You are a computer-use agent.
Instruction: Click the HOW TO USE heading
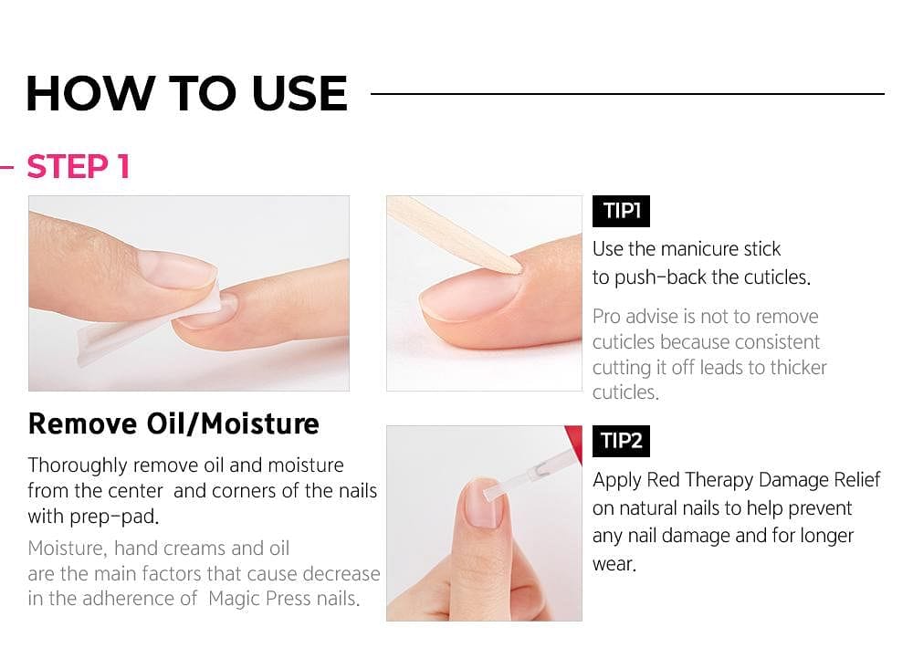[x=186, y=93]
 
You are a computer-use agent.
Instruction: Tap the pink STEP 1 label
[x=79, y=167]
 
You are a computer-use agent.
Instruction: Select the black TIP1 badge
[x=621, y=211]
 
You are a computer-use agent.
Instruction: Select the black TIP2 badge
[x=621, y=441]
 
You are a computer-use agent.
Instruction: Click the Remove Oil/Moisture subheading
[x=173, y=423]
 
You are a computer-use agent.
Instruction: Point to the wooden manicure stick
[x=447, y=234]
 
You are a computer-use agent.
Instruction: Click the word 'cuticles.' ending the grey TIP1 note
[x=625, y=392]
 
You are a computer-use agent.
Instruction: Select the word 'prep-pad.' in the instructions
[x=109, y=516]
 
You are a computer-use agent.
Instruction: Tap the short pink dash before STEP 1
[x=6, y=168]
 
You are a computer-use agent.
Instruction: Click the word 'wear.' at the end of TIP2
[x=614, y=563]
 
